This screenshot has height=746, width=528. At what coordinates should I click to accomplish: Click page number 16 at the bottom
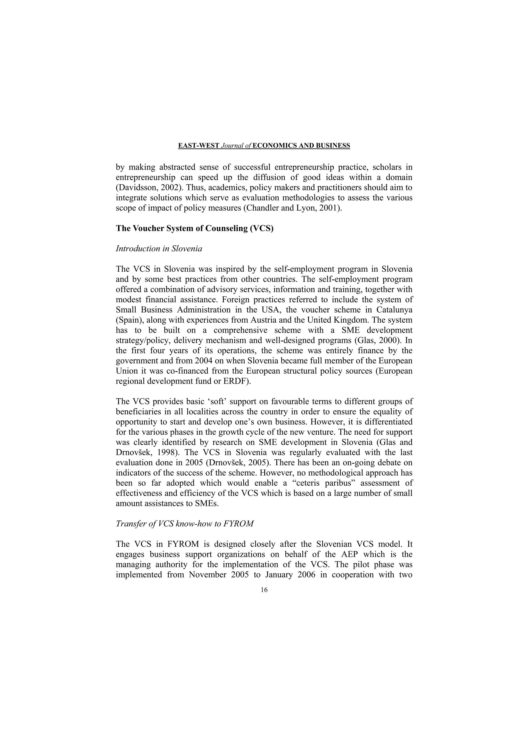click(x=264, y=590)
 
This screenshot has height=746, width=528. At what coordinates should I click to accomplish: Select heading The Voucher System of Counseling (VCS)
click(x=195, y=228)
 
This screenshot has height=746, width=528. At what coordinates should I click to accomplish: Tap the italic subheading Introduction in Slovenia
click(x=159, y=249)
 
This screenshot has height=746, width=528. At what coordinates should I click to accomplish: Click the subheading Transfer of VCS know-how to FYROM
click(x=184, y=524)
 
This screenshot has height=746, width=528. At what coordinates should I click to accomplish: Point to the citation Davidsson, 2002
click(x=147, y=187)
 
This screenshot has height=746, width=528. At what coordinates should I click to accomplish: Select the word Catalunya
click(x=395, y=310)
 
